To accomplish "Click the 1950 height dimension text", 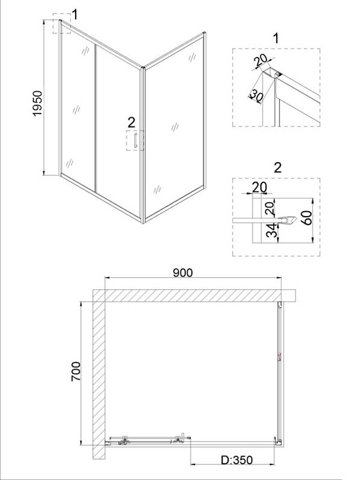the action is tap(37, 103).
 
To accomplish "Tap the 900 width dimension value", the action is tap(183, 273).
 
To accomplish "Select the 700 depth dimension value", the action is tap(76, 371).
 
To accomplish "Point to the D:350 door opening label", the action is tap(237, 460).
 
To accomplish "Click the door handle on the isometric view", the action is tap(135, 140).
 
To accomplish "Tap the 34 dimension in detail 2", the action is tap(272, 231).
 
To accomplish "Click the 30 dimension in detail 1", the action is tap(257, 96).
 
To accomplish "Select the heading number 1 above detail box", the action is tap(276, 38).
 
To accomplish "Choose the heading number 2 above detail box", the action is tap(278, 168).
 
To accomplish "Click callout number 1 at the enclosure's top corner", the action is tap(75, 14).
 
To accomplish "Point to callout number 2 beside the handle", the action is tap(131, 123).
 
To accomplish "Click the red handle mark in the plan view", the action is tap(279, 357).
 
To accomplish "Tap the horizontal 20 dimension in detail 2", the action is tap(259, 187).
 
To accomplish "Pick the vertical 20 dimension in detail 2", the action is tap(269, 208).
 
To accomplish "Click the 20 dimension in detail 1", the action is tap(261, 61).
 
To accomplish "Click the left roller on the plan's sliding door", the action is tap(124, 440).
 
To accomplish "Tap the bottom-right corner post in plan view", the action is tap(278, 441).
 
